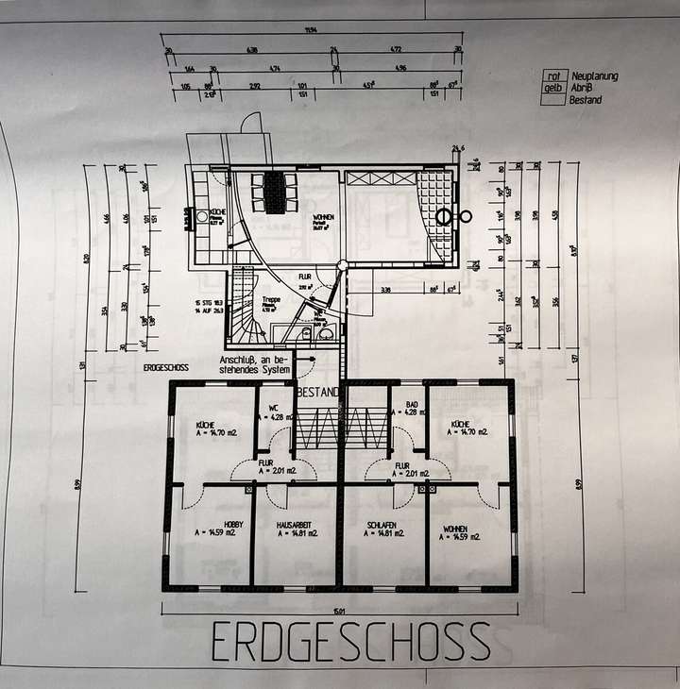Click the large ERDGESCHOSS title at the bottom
[x=350, y=642]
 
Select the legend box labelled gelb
[x=552, y=88]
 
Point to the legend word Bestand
[x=586, y=100]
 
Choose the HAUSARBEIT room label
[x=296, y=524]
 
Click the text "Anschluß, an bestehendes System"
[x=255, y=364]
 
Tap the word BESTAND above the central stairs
[x=317, y=390]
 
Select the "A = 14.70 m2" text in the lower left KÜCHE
[x=213, y=436]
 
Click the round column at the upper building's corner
[x=344, y=265]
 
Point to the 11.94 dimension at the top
[x=311, y=30]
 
